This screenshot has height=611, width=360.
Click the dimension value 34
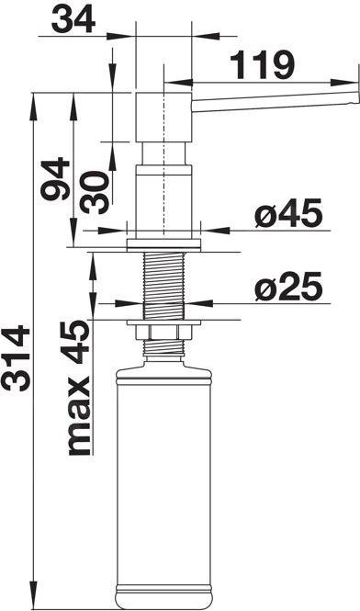(x=73, y=20)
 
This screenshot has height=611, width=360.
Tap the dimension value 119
(x=262, y=64)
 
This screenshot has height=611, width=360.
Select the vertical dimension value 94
(x=55, y=178)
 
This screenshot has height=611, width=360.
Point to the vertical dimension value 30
(x=95, y=193)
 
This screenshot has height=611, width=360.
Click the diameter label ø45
(x=288, y=213)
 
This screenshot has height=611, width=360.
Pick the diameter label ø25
(x=288, y=287)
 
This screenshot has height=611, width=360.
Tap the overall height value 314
(x=16, y=358)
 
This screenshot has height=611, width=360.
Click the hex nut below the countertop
(x=163, y=333)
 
